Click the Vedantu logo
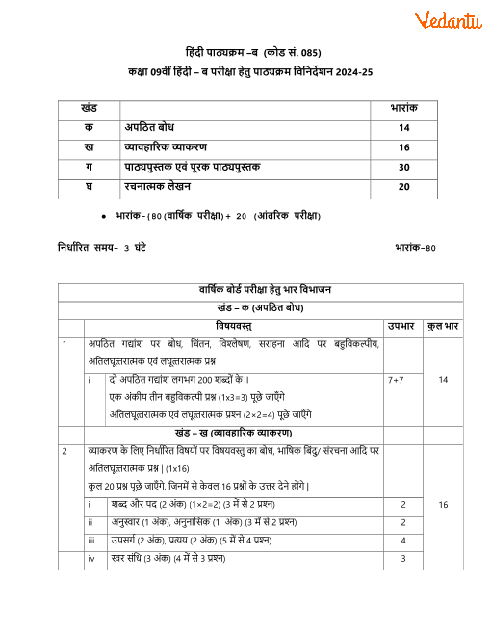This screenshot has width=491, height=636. click(448, 19)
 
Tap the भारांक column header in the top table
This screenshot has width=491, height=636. click(403, 109)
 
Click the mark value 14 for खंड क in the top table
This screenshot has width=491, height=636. click(403, 128)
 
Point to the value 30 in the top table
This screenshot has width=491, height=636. click(403, 167)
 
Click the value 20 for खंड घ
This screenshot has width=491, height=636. click(403, 186)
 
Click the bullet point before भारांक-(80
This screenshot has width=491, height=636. click(103, 216)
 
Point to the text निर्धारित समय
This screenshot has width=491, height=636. click(89, 248)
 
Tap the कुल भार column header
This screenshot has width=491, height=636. click(443, 326)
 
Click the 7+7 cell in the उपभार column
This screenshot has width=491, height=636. click(396, 380)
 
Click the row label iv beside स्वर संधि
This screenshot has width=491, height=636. click(90, 558)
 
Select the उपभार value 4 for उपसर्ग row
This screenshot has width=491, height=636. click(403, 541)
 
